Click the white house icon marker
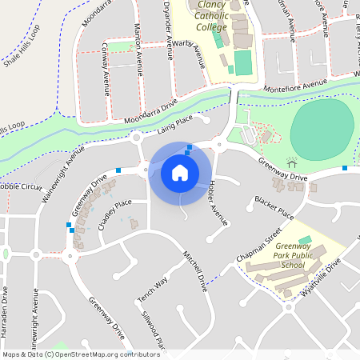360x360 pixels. click(180, 172)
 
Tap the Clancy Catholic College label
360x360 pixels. click(215, 16)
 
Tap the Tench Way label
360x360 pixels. click(153, 290)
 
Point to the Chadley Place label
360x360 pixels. click(114, 213)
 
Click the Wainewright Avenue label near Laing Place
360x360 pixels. click(65, 159)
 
